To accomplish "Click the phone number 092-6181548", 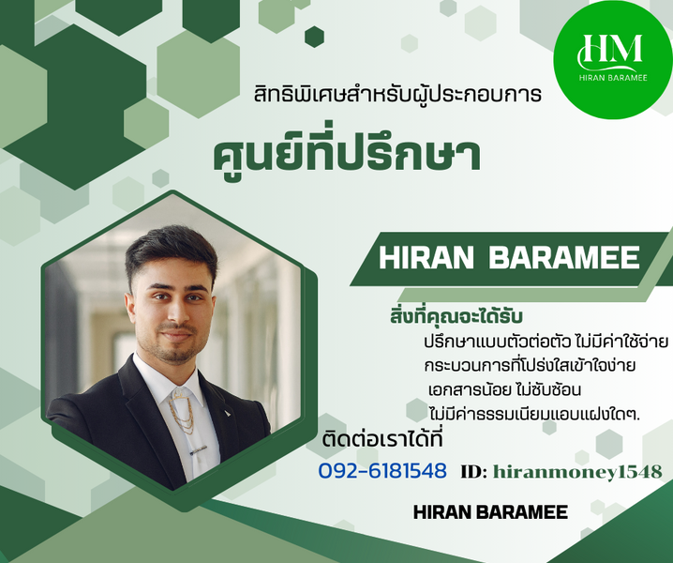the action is pyautogui.click(x=382, y=471).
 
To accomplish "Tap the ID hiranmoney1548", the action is pyautogui.click(x=577, y=472).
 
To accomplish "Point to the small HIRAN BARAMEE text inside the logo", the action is pyautogui.click(x=613, y=78).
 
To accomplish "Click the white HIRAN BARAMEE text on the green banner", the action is pyautogui.click(x=509, y=258).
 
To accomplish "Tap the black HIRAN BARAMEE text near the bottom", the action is pyautogui.click(x=490, y=512).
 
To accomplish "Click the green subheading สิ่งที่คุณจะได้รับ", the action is pyautogui.click(x=456, y=317).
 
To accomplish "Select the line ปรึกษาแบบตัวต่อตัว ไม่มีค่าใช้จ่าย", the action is pyautogui.click(x=546, y=342).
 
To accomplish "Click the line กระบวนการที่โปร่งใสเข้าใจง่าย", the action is pyautogui.click(x=531, y=366).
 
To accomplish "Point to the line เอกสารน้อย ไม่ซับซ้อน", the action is pyautogui.click(x=504, y=389).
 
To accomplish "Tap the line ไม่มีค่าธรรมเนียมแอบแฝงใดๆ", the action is pyautogui.click(x=535, y=414).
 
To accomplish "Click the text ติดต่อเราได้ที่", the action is pyautogui.click(x=382, y=440).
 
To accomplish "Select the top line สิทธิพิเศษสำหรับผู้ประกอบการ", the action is pyautogui.click(x=397, y=95).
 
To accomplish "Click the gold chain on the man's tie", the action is pyautogui.click(x=182, y=413).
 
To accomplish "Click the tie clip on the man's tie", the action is pyautogui.click(x=200, y=450).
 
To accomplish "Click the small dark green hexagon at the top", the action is pyautogui.click(x=314, y=37).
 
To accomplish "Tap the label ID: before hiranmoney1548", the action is pyautogui.click(x=474, y=472).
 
